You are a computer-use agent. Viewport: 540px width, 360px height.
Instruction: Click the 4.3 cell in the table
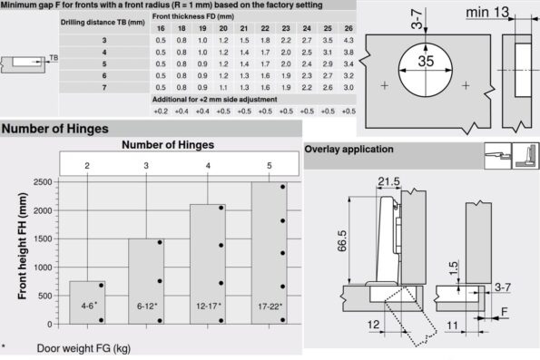(349, 40)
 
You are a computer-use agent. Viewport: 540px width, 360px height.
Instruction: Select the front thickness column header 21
(244, 29)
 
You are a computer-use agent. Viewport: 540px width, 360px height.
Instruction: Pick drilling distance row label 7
(104, 88)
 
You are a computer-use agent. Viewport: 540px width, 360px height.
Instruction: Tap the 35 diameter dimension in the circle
(426, 62)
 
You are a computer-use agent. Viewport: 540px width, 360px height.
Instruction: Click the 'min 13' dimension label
(487, 13)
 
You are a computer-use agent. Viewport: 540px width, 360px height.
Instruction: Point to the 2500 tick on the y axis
(43, 182)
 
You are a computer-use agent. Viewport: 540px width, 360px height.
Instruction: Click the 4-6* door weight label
(89, 306)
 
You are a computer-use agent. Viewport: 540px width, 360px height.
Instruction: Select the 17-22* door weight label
(270, 306)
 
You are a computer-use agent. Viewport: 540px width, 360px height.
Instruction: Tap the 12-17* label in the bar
(209, 306)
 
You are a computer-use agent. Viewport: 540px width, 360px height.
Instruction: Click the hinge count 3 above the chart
(146, 166)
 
